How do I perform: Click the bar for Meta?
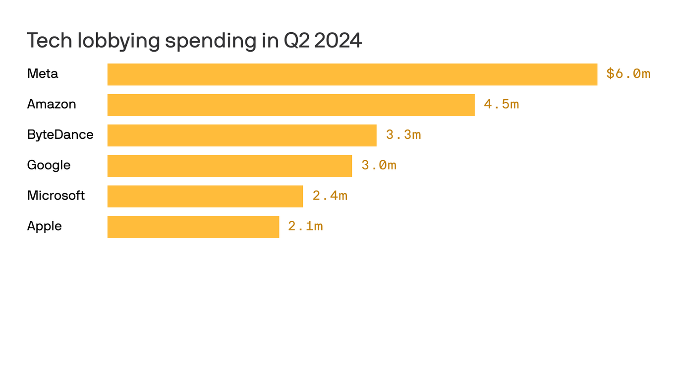(x=352, y=74)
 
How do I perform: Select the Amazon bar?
(x=291, y=105)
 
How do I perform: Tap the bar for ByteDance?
(x=242, y=135)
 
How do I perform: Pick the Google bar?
(x=229, y=166)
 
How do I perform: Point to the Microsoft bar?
(x=205, y=196)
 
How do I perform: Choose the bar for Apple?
(x=193, y=227)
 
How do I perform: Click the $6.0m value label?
(x=628, y=74)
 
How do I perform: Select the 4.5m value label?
(x=501, y=105)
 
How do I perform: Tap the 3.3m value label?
(x=403, y=135)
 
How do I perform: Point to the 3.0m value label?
(x=379, y=166)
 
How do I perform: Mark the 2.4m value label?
(x=330, y=196)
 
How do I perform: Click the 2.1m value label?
(x=305, y=227)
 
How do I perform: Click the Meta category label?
(x=43, y=74)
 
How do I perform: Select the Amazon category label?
(x=52, y=104)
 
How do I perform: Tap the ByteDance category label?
(x=60, y=134)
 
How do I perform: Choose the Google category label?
(x=49, y=165)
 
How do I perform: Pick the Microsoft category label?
(x=56, y=195)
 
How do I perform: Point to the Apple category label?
(x=45, y=226)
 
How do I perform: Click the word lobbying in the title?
(x=118, y=41)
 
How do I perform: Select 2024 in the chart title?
(x=338, y=41)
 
